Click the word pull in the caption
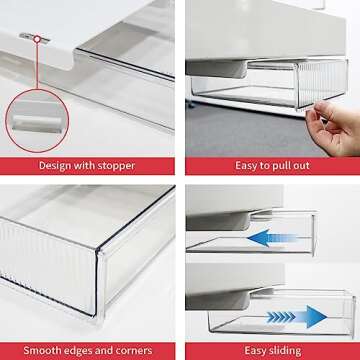tap(275, 165)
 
